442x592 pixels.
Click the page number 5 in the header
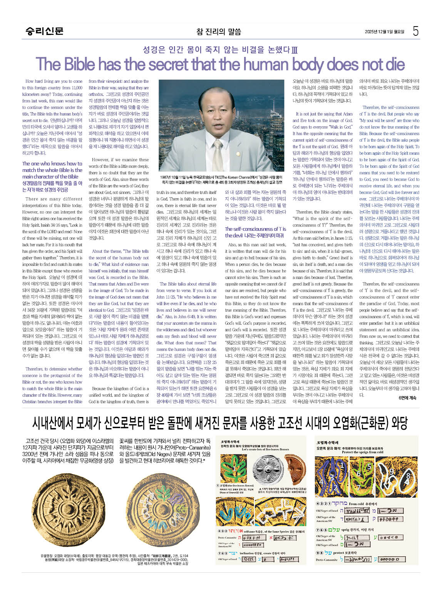click(x=415, y=31)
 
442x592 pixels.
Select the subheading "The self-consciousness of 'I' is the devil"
click(x=255, y=232)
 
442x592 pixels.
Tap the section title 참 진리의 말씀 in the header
click(x=218, y=32)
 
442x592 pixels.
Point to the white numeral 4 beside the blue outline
click(x=321, y=482)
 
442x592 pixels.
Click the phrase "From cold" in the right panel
click(x=356, y=504)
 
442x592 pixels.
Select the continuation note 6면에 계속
click(x=407, y=398)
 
